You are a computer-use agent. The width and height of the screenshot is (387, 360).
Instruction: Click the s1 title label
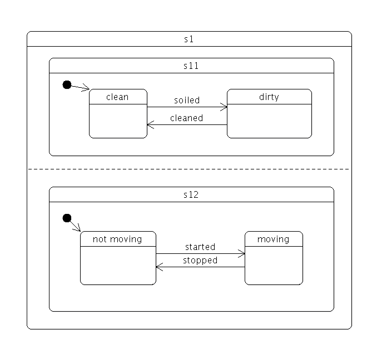189,39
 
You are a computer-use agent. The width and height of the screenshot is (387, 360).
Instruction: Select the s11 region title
191,66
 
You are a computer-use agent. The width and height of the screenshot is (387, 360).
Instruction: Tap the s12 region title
191,194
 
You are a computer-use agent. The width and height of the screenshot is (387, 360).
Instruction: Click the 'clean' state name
117,97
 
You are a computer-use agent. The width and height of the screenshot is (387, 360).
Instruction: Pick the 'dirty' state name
269,97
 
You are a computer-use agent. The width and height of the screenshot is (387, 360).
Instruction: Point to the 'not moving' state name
117,239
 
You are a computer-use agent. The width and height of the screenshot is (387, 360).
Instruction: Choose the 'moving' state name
274,239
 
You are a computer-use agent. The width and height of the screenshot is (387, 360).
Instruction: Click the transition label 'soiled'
187,100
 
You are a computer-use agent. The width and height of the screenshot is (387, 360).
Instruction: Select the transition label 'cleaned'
187,118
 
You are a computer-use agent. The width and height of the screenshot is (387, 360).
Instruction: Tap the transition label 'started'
200,247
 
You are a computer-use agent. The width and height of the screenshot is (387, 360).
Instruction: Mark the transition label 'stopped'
200,260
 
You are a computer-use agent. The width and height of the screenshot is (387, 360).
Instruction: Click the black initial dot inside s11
67,84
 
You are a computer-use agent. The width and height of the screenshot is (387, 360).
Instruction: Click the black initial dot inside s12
67,218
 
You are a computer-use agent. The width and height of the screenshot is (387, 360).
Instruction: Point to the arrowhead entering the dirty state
225,107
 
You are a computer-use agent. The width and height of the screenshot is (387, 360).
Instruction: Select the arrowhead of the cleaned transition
150,125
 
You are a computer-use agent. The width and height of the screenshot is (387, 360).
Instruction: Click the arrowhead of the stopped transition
158,267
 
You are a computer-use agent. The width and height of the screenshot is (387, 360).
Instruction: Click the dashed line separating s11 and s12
189,169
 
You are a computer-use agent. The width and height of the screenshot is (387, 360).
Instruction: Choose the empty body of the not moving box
118,265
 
